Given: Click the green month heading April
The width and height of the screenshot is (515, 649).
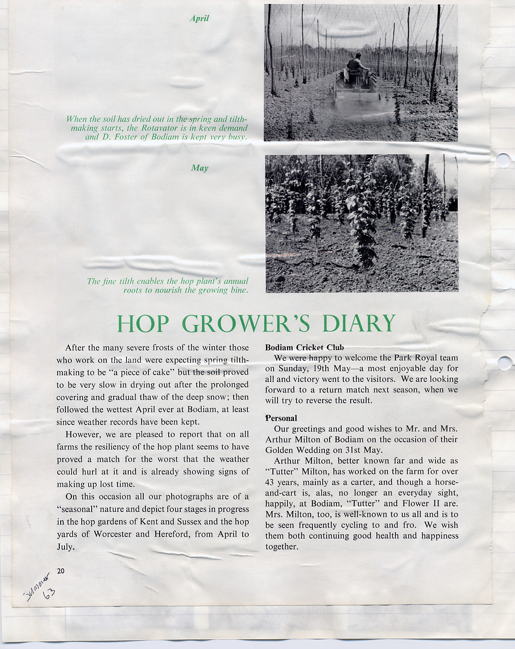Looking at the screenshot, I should coord(199,18).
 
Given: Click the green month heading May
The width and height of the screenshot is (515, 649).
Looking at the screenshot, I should coord(200,168).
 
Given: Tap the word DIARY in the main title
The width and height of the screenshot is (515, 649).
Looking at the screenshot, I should coord(358,323).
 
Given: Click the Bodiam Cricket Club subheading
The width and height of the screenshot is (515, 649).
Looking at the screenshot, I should coord(304,348).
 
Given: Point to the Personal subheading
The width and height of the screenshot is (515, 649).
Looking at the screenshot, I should coord(281,418).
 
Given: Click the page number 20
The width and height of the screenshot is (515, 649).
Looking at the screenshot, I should coord(61,571).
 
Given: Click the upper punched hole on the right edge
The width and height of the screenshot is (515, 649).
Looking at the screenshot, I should coord(505,161).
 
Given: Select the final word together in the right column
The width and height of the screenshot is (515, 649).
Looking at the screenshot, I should coord(281,547).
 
